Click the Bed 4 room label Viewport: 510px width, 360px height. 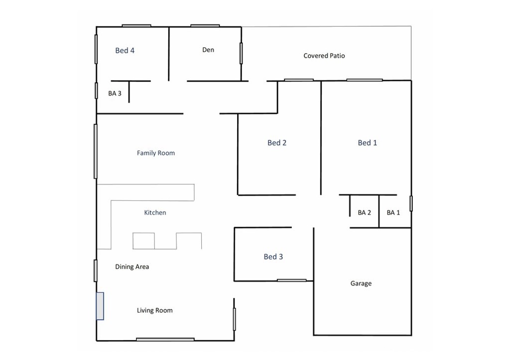(125, 50)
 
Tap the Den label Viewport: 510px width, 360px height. (208, 50)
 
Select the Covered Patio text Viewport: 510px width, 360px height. (324, 56)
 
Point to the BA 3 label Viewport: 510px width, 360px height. (115, 93)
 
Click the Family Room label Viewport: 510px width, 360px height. (156, 153)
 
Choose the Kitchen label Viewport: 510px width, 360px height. (155, 213)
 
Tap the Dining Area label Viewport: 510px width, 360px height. (132, 267)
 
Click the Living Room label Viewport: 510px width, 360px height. (155, 310)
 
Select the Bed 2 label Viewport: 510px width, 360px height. (277, 143)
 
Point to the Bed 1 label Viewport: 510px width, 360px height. (368, 143)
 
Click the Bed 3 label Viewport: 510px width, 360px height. (273, 257)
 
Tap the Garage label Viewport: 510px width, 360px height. (361, 283)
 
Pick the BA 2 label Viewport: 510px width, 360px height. (365, 213)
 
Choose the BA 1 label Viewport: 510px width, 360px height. (393, 213)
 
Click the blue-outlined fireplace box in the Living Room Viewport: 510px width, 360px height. (100, 306)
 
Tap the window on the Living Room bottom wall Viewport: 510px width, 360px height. (165, 340)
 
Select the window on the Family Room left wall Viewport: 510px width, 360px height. (96, 151)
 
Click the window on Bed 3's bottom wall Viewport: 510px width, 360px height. (292, 280)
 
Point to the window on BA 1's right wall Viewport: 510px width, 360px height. (411, 203)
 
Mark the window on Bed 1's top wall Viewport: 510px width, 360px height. (365, 80)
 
